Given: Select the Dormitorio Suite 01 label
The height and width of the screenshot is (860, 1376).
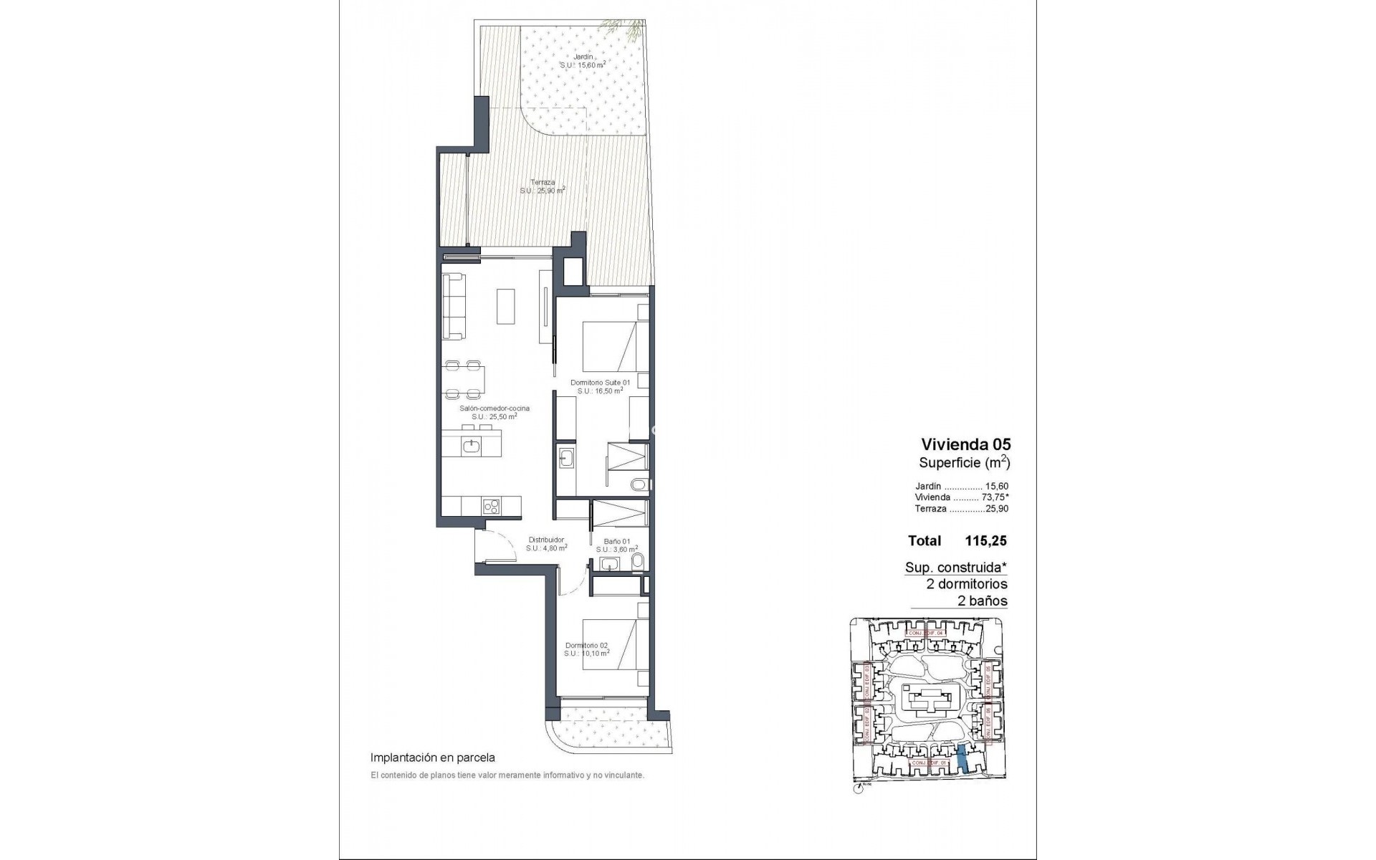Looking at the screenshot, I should pyautogui.click(x=600, y=383).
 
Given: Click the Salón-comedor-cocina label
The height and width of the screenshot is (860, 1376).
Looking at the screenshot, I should pyautogui.click(x=494, y=408).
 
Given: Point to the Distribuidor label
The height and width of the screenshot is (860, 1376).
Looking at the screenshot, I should pyautogui.click(x=546, y=540).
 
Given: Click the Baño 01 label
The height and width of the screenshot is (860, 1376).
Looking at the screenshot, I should pyautogui.click(x=616, y=541).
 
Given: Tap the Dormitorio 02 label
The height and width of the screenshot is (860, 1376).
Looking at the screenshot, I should pyautogui.click(x=586, y=645).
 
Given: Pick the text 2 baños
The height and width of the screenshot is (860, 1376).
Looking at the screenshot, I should pyautogui.click(x=983, y=601).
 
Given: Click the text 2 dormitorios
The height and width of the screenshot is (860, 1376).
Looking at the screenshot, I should pyautogui.click(x=967, y=584).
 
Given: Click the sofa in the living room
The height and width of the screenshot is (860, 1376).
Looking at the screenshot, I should pyautogui.click(x=454, y=307).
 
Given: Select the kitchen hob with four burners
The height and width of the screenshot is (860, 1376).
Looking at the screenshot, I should pyautogui.click(x=491, y=506).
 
